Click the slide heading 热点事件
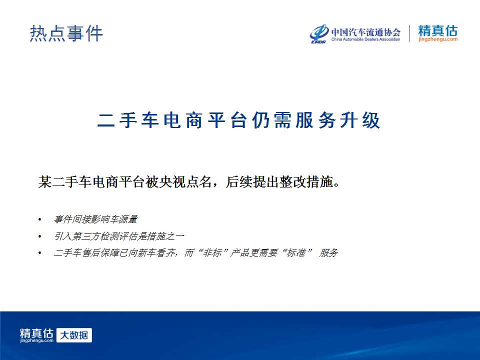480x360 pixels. (x=66, y=33)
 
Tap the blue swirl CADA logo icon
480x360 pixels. (x=319, y=33)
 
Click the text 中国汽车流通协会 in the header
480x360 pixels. (x=366, y=32)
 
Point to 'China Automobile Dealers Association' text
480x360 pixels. (x=366, y=39)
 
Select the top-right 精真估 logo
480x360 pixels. (x=438, y=30)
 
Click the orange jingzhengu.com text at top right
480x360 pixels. (x=438, y=39)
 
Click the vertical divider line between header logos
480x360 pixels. (x=409, y=33)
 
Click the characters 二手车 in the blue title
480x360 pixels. (x=128, y=120)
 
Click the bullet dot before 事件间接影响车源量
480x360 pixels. (x=40, y=219)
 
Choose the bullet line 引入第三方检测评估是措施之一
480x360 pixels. (x=119, y=236)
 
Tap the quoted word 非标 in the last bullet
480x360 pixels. (x=212, y=253)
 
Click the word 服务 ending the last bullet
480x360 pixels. (x=328, y=253)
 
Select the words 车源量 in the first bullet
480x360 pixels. (x=124, y=219)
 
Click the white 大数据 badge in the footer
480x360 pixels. (x=74, y=335)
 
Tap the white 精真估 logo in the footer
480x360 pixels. (x=36, y=333)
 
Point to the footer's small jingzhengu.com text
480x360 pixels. (x=36, y=340)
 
